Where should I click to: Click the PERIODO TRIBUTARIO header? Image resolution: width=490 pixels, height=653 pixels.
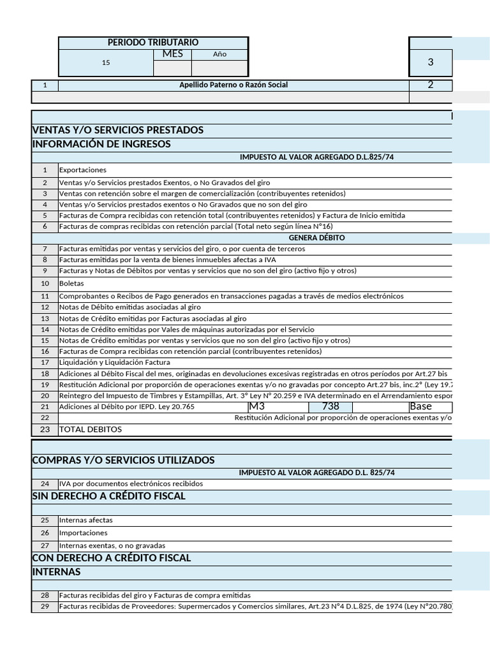(153, 42)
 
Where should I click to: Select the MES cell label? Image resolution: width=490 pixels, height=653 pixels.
(172, 54)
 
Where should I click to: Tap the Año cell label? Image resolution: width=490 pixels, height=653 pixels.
(219, 54)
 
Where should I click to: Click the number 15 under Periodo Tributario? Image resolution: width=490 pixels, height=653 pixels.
(106, 62)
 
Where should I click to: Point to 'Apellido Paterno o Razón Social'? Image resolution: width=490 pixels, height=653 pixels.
(233, 85)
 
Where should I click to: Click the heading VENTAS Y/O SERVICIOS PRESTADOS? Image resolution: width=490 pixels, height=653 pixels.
(117, 130)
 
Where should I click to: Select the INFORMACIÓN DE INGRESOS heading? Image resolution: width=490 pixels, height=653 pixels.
(101, 144)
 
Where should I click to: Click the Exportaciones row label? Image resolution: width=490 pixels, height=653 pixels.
(83, 170)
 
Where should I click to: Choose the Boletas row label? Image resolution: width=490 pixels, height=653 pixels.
(71, 283)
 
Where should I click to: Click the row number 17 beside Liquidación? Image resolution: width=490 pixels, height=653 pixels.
(45, 363)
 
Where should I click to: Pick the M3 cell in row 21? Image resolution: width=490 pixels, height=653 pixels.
(257, 406)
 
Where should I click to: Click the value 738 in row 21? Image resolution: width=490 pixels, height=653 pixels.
(330, 406)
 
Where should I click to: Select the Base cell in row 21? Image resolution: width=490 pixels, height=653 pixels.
(421, 406)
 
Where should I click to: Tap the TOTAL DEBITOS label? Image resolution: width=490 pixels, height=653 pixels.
(90, 429)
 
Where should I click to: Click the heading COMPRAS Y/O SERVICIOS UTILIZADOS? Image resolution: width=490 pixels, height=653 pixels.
(123, 460)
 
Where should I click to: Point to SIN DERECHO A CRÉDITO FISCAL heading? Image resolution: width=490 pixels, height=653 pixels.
(108, 496)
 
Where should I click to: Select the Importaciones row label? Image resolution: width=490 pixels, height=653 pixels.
(84, 533)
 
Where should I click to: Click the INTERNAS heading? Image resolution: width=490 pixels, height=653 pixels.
(56, 572)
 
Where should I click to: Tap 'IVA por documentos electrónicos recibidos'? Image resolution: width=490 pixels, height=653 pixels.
(131, 484)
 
